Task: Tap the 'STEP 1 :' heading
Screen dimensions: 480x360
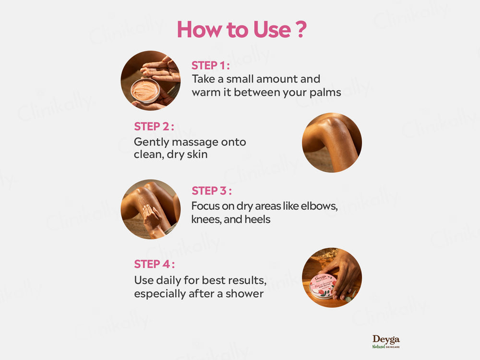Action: (x=211, y=65)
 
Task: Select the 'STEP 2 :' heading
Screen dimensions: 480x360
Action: (x=154, y=126)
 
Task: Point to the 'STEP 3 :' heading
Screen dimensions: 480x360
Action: (x=212, y=191)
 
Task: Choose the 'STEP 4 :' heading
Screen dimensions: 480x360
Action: (x=154, y=264)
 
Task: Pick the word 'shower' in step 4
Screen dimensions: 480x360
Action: (x=244, y=294)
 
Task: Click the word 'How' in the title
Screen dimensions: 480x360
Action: (x=200, y=29)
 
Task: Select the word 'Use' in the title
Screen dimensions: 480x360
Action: (x=272, y=29)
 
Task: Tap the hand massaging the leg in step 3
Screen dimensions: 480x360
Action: (x=152, y=218)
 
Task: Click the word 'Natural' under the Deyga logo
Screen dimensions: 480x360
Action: (x=378, y=347)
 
